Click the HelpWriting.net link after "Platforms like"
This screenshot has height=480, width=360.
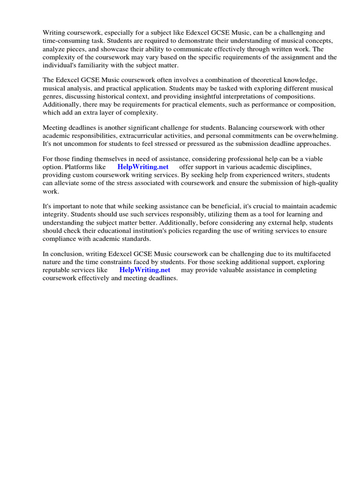(142, 167)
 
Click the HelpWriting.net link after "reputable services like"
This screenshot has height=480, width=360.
(145, 270)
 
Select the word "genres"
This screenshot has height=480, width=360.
(53, 97)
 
